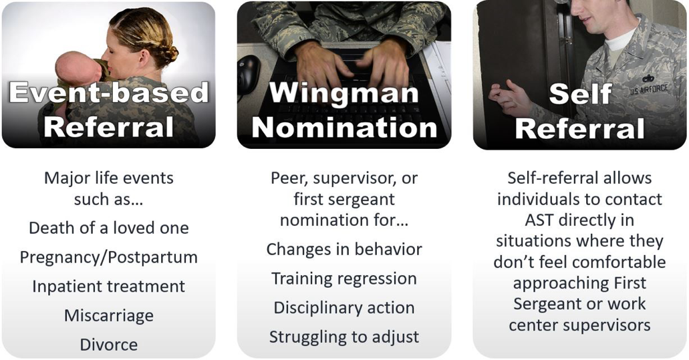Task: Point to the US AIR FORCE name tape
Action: click(x=649, y=89)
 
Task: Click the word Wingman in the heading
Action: click(x=343, y=93)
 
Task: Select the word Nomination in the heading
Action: click(x=344, y=128)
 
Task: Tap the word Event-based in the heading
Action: click(x=108, y=92)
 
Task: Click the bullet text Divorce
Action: click(x=108, y=345)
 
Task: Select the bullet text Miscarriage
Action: click(x=108, y=316)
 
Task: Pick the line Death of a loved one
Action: click(x=108, y=228)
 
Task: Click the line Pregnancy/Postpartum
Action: click(x=108, y=257)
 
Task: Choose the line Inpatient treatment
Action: click(x=108, y=287)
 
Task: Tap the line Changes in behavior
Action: click(x=344, y=249)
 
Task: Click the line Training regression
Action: click(x=344, y=279)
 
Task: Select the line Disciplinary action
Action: click(x=344, y=308)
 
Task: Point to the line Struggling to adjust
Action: click(x=344, y=337)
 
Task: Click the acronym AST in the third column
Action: click(x=539, y=220)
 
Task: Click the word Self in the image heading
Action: click(x=580, y=93)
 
